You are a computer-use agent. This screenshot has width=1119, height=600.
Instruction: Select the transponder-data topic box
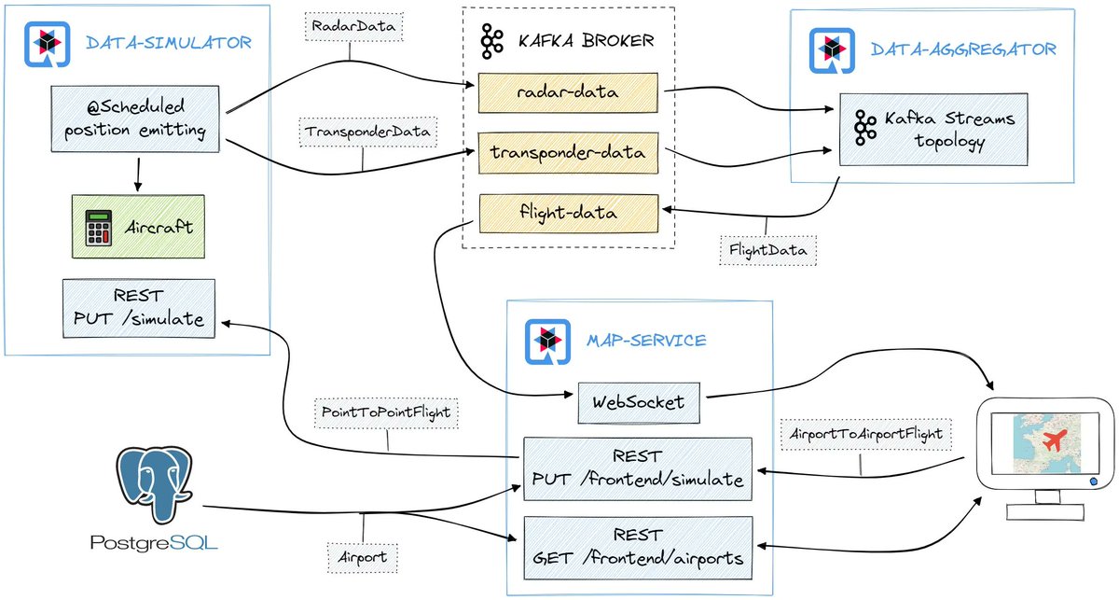pos(568,152)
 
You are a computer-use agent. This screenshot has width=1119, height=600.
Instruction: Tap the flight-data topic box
pos(568,213)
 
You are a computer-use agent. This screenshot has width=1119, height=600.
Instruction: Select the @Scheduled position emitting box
pos(137,119)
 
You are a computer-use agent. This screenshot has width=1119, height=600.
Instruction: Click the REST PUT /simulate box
pos(137,307)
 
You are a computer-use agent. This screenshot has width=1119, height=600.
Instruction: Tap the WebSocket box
pos(638,402)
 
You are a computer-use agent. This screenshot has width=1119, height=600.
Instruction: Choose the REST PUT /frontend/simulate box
pos(639,468)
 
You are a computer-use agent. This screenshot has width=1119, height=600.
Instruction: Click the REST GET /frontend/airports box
pos(639,547)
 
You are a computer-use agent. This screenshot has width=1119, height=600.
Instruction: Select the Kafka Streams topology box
pos(932,130)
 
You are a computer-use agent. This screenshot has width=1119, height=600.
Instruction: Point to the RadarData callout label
pos(352,26)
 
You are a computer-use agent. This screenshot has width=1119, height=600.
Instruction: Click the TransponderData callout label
pos(366,133)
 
